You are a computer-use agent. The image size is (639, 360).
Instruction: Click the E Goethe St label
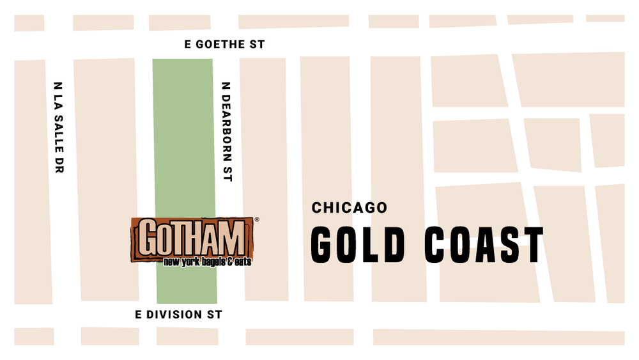[x=224, y=45]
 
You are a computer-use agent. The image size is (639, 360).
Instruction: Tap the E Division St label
[x=179, y=315]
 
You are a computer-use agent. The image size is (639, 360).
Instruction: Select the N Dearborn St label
[x=225, y=131]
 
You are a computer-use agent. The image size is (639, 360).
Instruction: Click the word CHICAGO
[x=350, y=208]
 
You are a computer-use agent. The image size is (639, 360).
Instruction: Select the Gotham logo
[x=192, y=241]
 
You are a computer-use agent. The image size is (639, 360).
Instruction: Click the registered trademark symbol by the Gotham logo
[x=257, y=219]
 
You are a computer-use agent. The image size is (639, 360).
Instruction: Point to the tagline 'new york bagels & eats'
[x=207, y=262]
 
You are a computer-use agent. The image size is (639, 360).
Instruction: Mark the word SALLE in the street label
[x=58, y=143]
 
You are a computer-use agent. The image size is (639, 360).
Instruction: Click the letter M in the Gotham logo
[x=232, y=237]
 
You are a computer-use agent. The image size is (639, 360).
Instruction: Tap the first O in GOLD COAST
[x=351, y=244]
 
